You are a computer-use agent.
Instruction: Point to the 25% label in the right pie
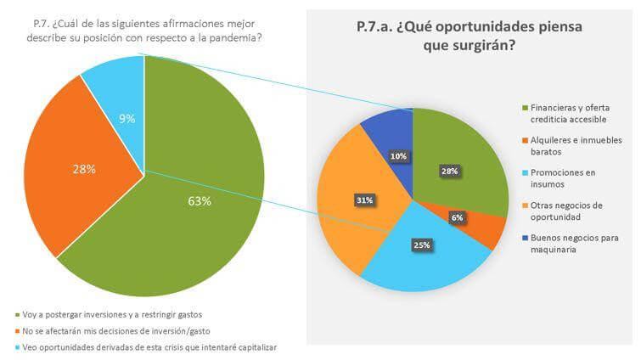[421, 245]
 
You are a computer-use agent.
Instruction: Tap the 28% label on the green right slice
[449, 171]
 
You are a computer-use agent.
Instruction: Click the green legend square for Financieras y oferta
[524, 108]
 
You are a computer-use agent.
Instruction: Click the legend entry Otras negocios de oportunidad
[570, 211]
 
